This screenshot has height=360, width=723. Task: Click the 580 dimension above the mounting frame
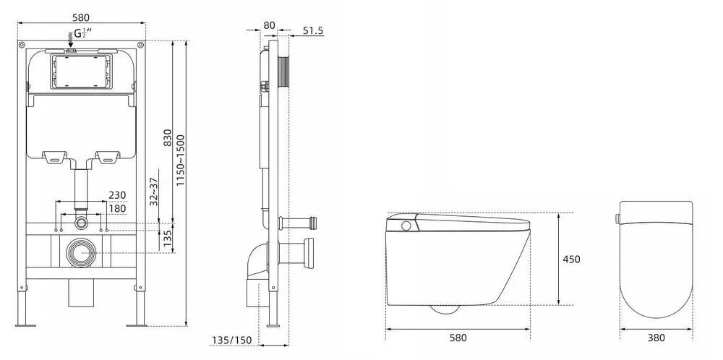(81, 17)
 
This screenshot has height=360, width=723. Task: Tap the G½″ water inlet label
(82, 33)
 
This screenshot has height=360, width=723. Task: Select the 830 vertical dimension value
(168, 137)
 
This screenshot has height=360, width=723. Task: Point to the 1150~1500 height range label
(180, 160)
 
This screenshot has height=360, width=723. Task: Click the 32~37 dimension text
(154, 192)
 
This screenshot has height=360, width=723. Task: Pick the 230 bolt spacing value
(117, 195)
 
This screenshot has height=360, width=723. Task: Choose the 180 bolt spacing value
(117, 208)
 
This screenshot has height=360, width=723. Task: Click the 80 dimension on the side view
(269, 25)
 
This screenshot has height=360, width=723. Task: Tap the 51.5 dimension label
(313, 31)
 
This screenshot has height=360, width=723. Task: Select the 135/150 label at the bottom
(232, 340)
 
